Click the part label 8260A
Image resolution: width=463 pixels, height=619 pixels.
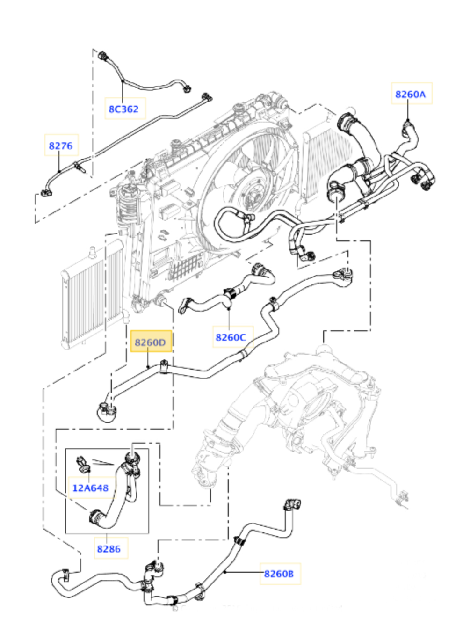(x=411, y=94)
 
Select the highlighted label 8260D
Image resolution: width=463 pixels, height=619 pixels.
(x=151, y=342)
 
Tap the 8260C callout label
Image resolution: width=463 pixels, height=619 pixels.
(x=231, y=337)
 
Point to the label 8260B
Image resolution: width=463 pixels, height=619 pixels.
(x=279, y=574)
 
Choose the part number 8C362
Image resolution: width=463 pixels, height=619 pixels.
(x=124, y=109)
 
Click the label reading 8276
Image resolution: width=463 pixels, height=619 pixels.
(x=61, y=146)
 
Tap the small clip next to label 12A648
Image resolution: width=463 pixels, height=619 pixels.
(x=83, y=465)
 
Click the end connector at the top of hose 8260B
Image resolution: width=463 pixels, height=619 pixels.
(x=292, y=504)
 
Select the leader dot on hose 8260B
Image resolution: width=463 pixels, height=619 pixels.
(x=224, y=572)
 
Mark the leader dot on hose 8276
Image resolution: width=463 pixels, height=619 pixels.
(x=59, y=171)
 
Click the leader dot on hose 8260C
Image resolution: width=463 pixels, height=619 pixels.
(x=229, y=308)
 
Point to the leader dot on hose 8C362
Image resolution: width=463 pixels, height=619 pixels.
(x=123, y=81)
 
